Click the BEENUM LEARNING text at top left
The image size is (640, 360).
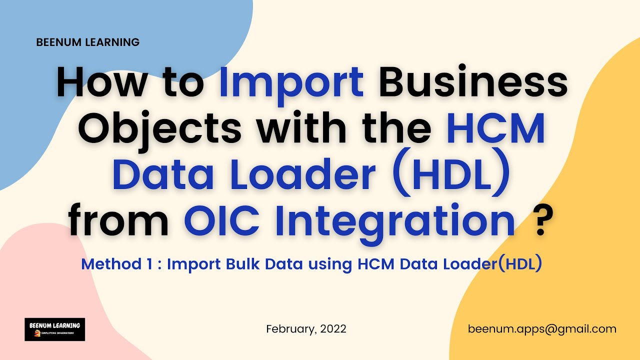(x=88, y=42)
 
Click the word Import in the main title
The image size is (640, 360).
(x=291, y=82)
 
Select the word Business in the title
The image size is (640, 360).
(x=473, y=82)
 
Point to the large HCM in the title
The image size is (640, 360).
(x=495, y=128)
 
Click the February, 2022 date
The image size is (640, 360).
(x=306, y=329)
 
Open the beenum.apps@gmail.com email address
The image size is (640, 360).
(x=542, y=329)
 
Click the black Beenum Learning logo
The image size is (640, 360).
(x=54, y=329)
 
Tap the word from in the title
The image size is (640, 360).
(x=119, y=220)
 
